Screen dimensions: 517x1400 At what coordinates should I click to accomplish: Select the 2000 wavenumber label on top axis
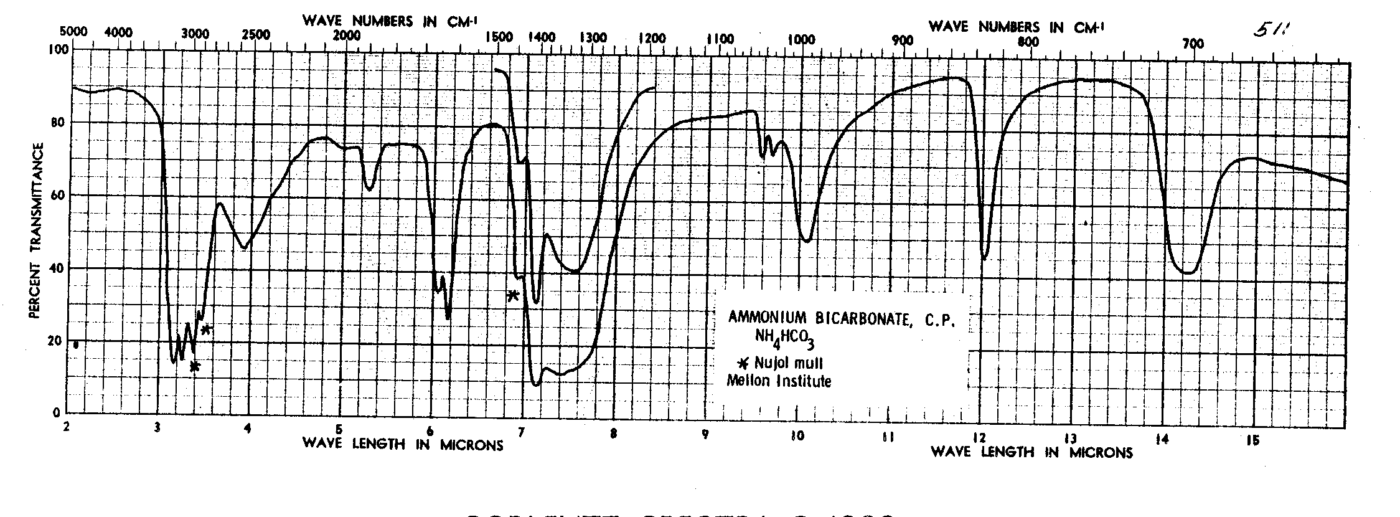point(346,36)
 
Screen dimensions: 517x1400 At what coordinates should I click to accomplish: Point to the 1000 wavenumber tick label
point(801,40)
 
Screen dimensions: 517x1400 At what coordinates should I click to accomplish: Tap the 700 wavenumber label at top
point(1193,44)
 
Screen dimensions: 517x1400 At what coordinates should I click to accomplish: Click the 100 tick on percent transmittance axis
point(55,49)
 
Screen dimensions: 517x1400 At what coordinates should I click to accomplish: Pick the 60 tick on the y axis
point(56,195)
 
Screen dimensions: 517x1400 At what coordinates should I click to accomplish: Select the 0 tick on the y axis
point(56,412)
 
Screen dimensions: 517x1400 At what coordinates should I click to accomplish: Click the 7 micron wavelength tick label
point(522,432)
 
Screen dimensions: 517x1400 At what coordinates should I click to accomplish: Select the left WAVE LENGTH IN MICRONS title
point(403,444)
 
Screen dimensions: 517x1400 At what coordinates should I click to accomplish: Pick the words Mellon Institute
point(779,381)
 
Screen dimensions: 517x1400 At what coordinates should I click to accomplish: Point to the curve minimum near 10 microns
point(807,240)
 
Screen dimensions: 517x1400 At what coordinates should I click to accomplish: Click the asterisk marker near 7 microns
point(513,295)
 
